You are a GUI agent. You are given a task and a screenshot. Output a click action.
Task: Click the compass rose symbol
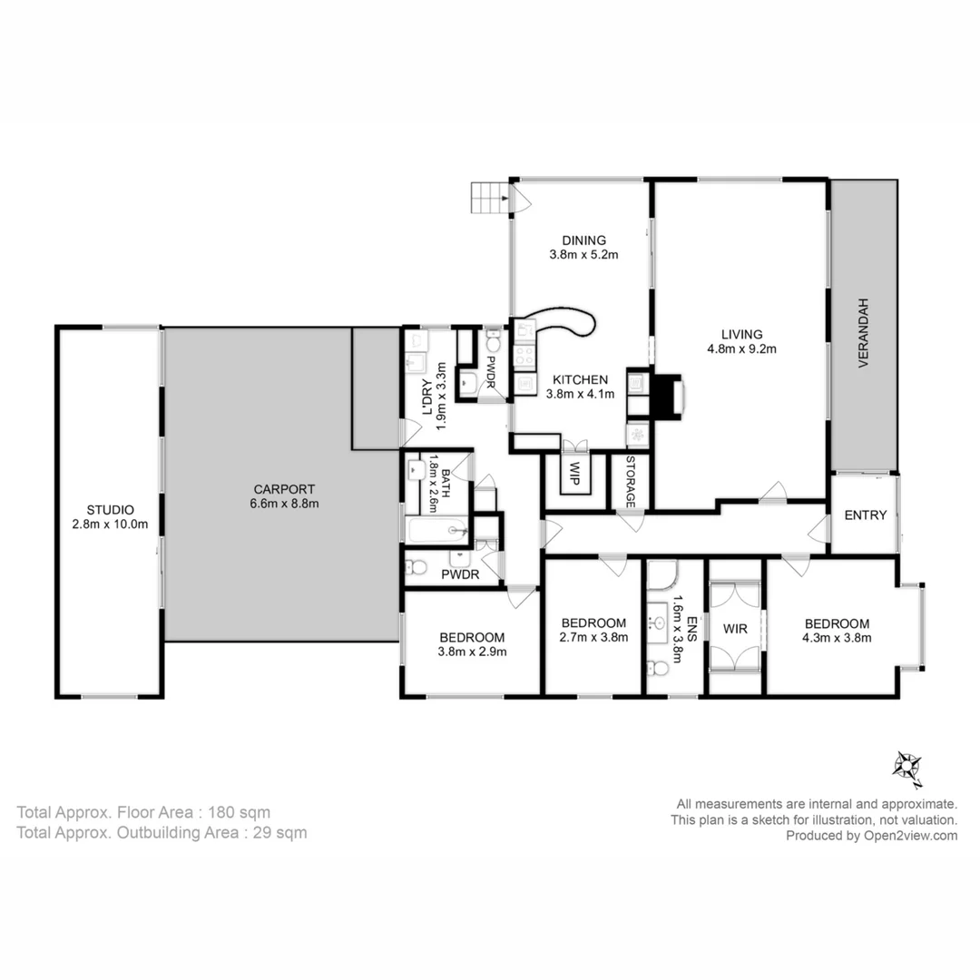(x=907, y=769)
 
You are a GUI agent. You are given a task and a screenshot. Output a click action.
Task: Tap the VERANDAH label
(x=863, y=332)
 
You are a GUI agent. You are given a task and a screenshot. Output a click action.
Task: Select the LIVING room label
(x=741, y=334)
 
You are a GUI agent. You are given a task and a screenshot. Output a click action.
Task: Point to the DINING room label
(x=583, y=240)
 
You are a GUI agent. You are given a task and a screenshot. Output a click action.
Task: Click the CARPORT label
(x=284, y=489)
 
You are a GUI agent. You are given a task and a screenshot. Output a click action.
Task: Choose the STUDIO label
(x=110, y=510)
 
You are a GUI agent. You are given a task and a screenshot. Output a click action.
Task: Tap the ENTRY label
(x=865, y=515)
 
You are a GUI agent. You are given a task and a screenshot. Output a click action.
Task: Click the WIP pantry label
(x=573, y=473)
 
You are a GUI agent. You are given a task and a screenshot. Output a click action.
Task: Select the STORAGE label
(x=630, y=481)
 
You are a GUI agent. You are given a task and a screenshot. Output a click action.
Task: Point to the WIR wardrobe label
(x=735, y=629)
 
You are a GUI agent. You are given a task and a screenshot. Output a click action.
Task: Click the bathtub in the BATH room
(x=437, y=531)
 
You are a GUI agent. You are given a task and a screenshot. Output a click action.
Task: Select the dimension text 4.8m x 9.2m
(x=741, y=348)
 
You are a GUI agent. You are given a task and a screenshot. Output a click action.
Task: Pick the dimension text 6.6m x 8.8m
(x=284, y=504)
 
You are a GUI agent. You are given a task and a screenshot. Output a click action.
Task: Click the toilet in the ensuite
(x=658, y=668)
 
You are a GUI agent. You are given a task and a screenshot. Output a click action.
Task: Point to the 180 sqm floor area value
(x=240, y=812)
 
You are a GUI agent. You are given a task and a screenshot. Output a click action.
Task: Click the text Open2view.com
(x=911, y=836)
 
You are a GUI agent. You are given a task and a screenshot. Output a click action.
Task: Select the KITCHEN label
(x=580, y=379)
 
